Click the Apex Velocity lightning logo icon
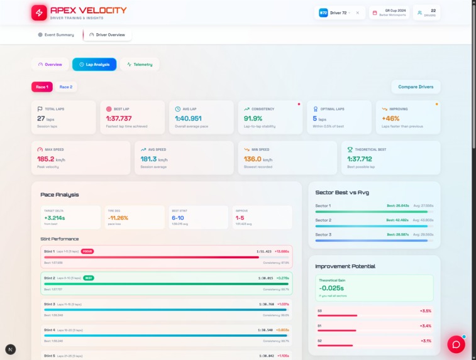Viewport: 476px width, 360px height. [x=39, y=13]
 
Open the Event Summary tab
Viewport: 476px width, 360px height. [x=56, y=35]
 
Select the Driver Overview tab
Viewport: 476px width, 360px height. [x=107, y=35]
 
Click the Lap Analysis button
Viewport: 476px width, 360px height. [x=94, y=64]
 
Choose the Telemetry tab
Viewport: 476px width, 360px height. [x=140, y=64]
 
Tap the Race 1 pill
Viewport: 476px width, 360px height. [x=42, y=87]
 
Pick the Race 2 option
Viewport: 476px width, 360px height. [x=65, y=87]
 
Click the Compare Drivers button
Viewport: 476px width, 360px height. [x=416, y=87]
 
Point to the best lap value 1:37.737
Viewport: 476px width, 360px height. [x=119, y=118]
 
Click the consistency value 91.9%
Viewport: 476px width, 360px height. [x=253, y=118]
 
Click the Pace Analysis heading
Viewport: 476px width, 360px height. [x=60, y=195]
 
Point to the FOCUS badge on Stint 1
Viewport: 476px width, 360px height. [x=87, y=251]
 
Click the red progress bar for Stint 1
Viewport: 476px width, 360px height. [x=151, y=257]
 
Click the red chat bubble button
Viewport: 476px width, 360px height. [x=456, y=344]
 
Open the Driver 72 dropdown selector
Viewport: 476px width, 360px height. [x=340, y=13]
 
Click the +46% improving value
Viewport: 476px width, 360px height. [x=390, y=118]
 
